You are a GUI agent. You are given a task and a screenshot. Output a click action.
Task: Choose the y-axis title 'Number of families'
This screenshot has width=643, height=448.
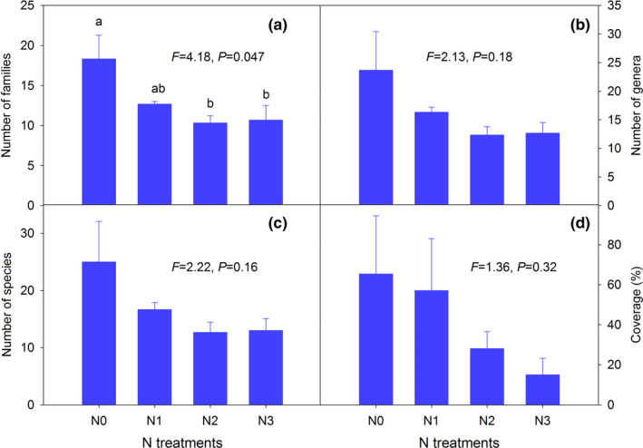pos(13,103)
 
